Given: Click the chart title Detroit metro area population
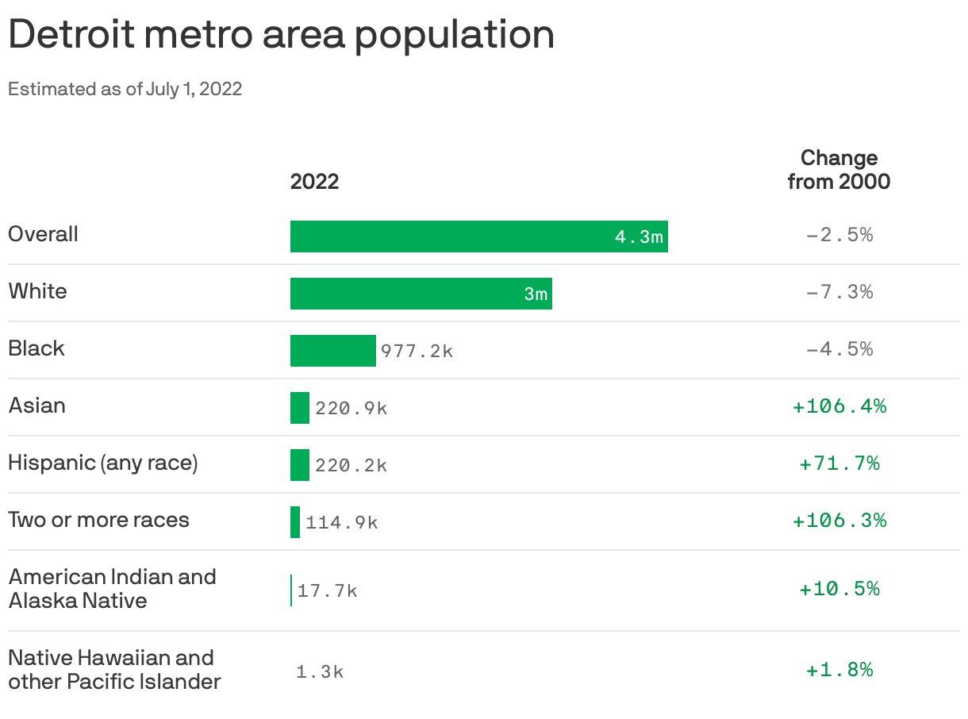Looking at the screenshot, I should pyautogui.click(x=281, y=35).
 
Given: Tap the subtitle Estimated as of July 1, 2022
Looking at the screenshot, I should pyautogui.click(x=125, y=89).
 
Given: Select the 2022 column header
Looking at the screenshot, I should pyautogui.click(x=314, y=182).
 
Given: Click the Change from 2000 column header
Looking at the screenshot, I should pyautogui.click(x=839, y=170).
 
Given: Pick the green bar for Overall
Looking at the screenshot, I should pyautogui.click(x=452, y=236).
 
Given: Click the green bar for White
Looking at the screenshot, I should pyautogui.click(x=405, y=294).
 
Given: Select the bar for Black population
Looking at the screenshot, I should pyautogui.click(x=332, y=351).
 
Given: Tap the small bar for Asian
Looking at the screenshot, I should pyautogui.click(x=299, y=408).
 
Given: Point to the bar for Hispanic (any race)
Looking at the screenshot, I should pyautogui.click(x=299, y=465).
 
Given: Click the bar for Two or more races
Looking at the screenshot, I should pyautogui.click(x=295, y=522).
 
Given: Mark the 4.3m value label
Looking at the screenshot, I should pyautogui.click(x=639, y=237).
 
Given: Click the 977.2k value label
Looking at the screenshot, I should pyautogui.click(x=417, y=352).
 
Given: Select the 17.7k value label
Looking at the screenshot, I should pyautogui.click(x=328, y=591).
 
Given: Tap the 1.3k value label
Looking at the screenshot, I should pyautogui.click(x=320, y=672).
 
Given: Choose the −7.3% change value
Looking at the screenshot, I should pyautogui.click(x=839, y=292).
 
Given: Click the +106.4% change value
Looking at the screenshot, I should pyautogui.click(x=839, y=406).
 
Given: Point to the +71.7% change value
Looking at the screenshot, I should pyautogui.click(x=839, y=463).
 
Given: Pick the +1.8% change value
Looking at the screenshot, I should pyautogui.click(x=839, y=670).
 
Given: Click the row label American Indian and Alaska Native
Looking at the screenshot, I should pyautogui.click(x=112, y=588).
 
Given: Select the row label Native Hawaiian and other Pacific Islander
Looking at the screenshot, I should pyautogui.click(x=114, y=669).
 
